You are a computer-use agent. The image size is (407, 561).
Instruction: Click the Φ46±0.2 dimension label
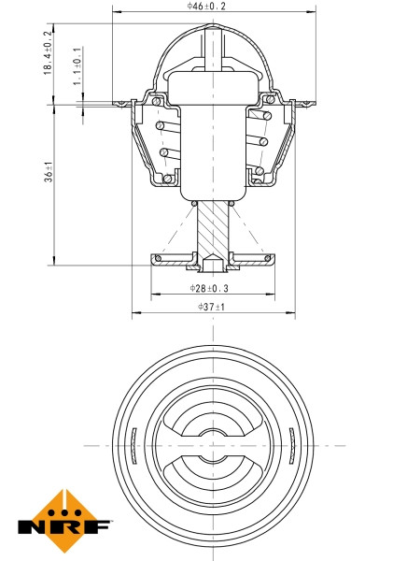click(206, 6)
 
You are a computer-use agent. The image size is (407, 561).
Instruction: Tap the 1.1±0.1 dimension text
click(77, 66)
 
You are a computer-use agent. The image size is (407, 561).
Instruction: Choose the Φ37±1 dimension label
click(212, 308)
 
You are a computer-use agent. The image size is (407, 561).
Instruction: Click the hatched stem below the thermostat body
click(214, 228)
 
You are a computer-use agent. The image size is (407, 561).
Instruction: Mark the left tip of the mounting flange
click(115, 104)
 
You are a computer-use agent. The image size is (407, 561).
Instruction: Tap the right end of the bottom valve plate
click(274, 258)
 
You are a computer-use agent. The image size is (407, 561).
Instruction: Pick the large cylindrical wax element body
click(214, 140)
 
